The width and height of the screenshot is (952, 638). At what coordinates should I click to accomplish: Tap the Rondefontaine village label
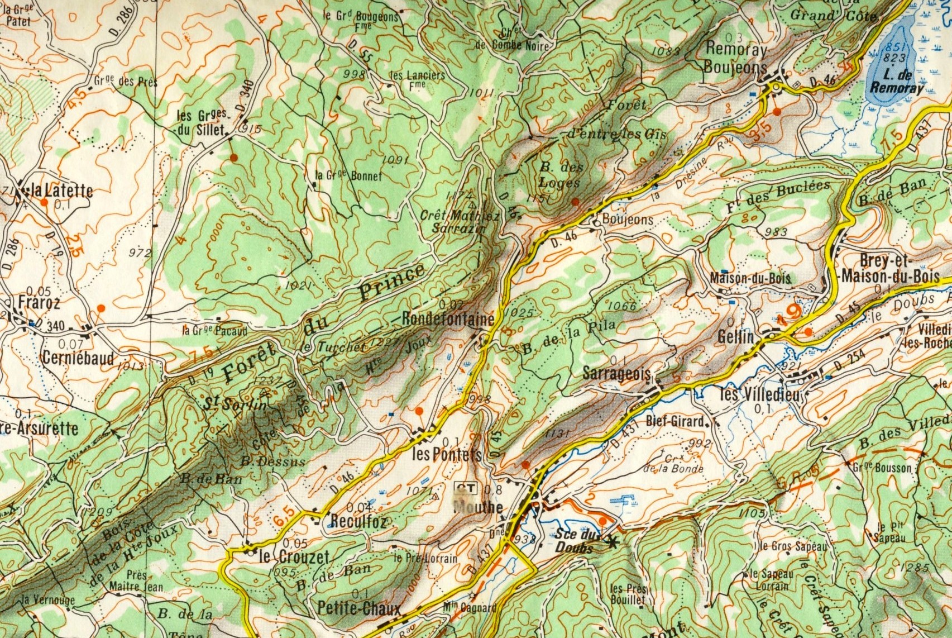[448, 320]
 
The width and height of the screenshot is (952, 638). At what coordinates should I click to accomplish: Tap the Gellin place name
[736, 337]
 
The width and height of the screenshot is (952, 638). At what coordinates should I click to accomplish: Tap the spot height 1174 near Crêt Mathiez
[457, 196]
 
